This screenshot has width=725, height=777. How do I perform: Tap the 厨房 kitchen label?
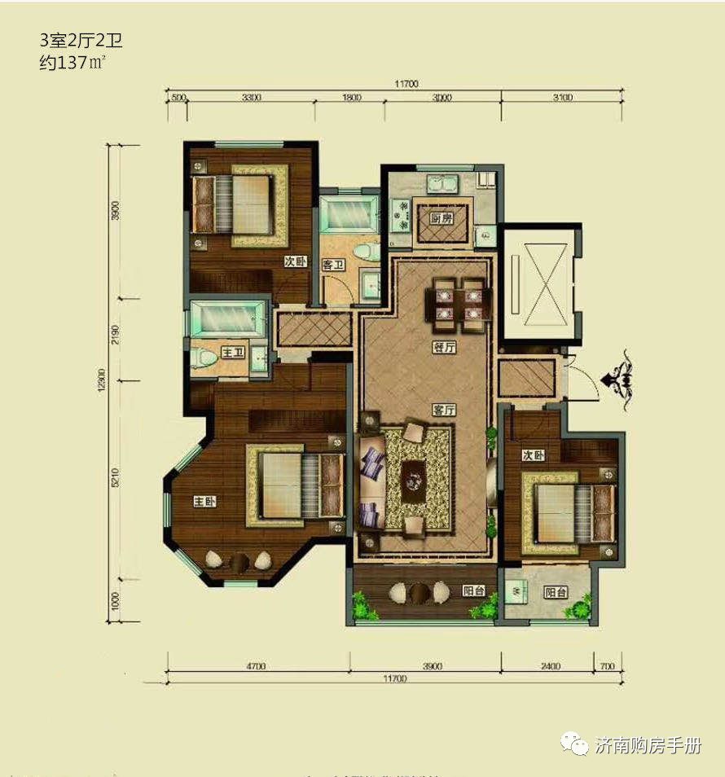click(442, 219)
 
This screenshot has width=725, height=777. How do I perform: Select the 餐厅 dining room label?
click(444, 347)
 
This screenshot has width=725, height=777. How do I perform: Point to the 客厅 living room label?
click(443, 410)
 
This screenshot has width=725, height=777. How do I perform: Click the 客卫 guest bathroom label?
click(332, 264)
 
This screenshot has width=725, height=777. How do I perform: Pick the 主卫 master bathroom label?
click(233, 353)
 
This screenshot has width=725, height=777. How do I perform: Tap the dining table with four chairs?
click(459, 304)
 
